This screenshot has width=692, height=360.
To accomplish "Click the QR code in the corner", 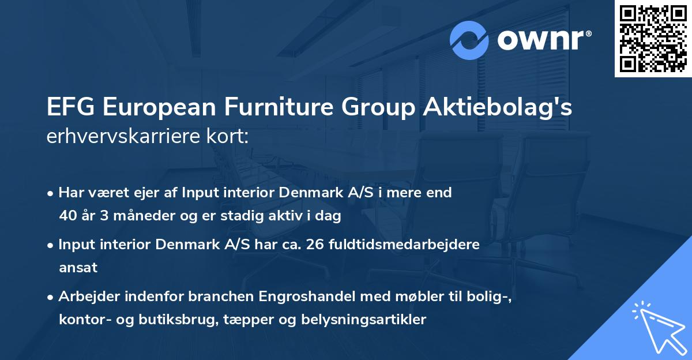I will tap(653, 39).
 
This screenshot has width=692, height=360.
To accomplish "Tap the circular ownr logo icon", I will tap(469, 40).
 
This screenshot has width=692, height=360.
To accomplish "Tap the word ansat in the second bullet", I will tap(78, 267).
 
